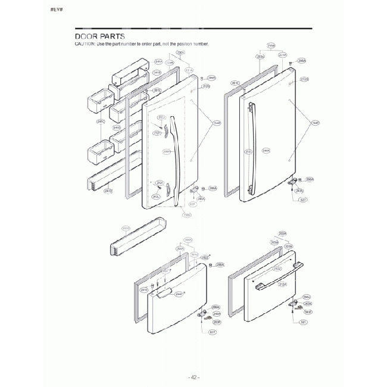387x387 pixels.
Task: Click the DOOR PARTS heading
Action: point(99,37)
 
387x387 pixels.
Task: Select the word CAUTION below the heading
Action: point(85,45)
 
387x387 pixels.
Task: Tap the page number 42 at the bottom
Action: point(194,377)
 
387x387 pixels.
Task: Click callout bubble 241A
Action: point(158,61)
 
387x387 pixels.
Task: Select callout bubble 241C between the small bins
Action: point(101,121)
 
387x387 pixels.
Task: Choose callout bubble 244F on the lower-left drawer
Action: point(179,294)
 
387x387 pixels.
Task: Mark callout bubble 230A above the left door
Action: point(180,53)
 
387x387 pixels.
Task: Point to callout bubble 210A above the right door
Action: point(271,45)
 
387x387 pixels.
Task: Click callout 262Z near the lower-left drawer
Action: point(205,257)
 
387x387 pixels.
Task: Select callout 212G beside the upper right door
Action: point(304,79)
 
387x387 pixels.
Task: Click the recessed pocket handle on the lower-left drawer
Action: point(166,294)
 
